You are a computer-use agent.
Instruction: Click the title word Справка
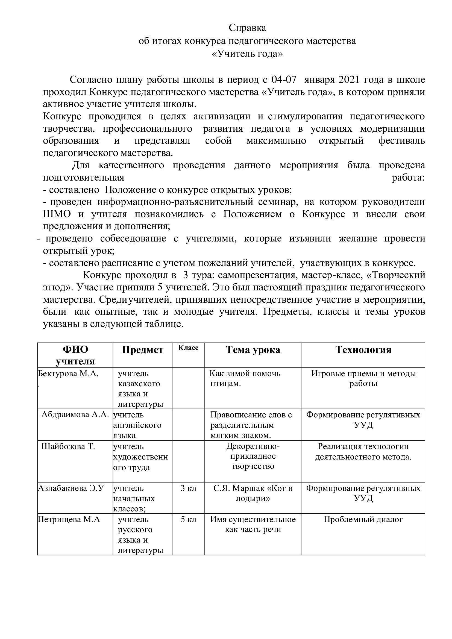tap(247, 28)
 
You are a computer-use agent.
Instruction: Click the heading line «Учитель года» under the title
tap(247, 54)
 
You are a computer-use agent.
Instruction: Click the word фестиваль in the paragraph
tap(401, 140)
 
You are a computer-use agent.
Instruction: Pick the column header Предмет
tap(142, 350)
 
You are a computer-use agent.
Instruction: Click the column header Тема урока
tap(253, 350)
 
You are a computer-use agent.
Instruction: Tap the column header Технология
tap(363, 350)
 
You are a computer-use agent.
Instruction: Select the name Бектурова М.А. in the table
tap(68, 373)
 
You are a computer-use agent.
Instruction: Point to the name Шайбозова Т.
tap(68, 446)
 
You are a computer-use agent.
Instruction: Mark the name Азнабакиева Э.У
tap(71, 488)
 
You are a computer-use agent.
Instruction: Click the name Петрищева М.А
tap(69, 519)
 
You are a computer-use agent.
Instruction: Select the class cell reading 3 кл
tap(189, 488)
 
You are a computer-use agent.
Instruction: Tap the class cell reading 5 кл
tap(189, 519)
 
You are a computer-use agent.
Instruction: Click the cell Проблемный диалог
tap(363, 519)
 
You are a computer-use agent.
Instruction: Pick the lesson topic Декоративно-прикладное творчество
tap(253, 457)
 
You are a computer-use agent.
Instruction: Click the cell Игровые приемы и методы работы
tap(363, 378)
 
